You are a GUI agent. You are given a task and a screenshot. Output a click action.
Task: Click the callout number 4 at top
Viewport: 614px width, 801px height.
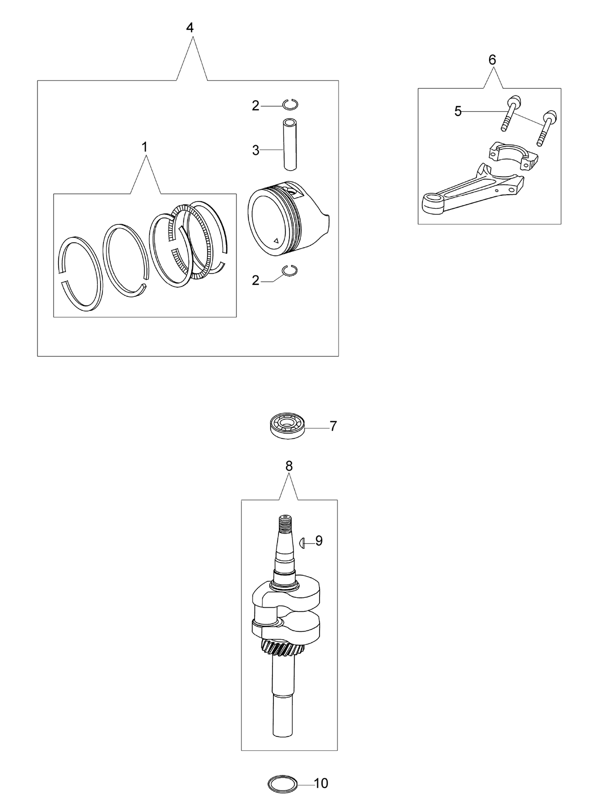point(189,28)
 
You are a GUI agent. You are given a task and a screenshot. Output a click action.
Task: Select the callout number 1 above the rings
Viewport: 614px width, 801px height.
point(144,147)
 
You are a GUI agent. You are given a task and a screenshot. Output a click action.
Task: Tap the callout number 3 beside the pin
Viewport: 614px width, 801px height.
point(255,150)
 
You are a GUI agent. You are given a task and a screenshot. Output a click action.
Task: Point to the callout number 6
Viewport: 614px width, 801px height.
point(492,60)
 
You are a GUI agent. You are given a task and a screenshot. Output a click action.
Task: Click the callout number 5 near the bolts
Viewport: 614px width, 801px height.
point(458,111)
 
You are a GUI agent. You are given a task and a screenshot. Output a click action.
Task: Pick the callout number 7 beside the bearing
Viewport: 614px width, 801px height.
point(333,426)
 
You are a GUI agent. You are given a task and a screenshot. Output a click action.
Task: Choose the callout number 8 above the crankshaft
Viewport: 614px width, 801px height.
point(289,466)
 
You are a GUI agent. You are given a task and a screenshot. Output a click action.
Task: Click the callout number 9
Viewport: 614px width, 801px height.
point(319,541)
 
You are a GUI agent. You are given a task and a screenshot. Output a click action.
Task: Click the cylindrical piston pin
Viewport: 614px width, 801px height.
point(289,145)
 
